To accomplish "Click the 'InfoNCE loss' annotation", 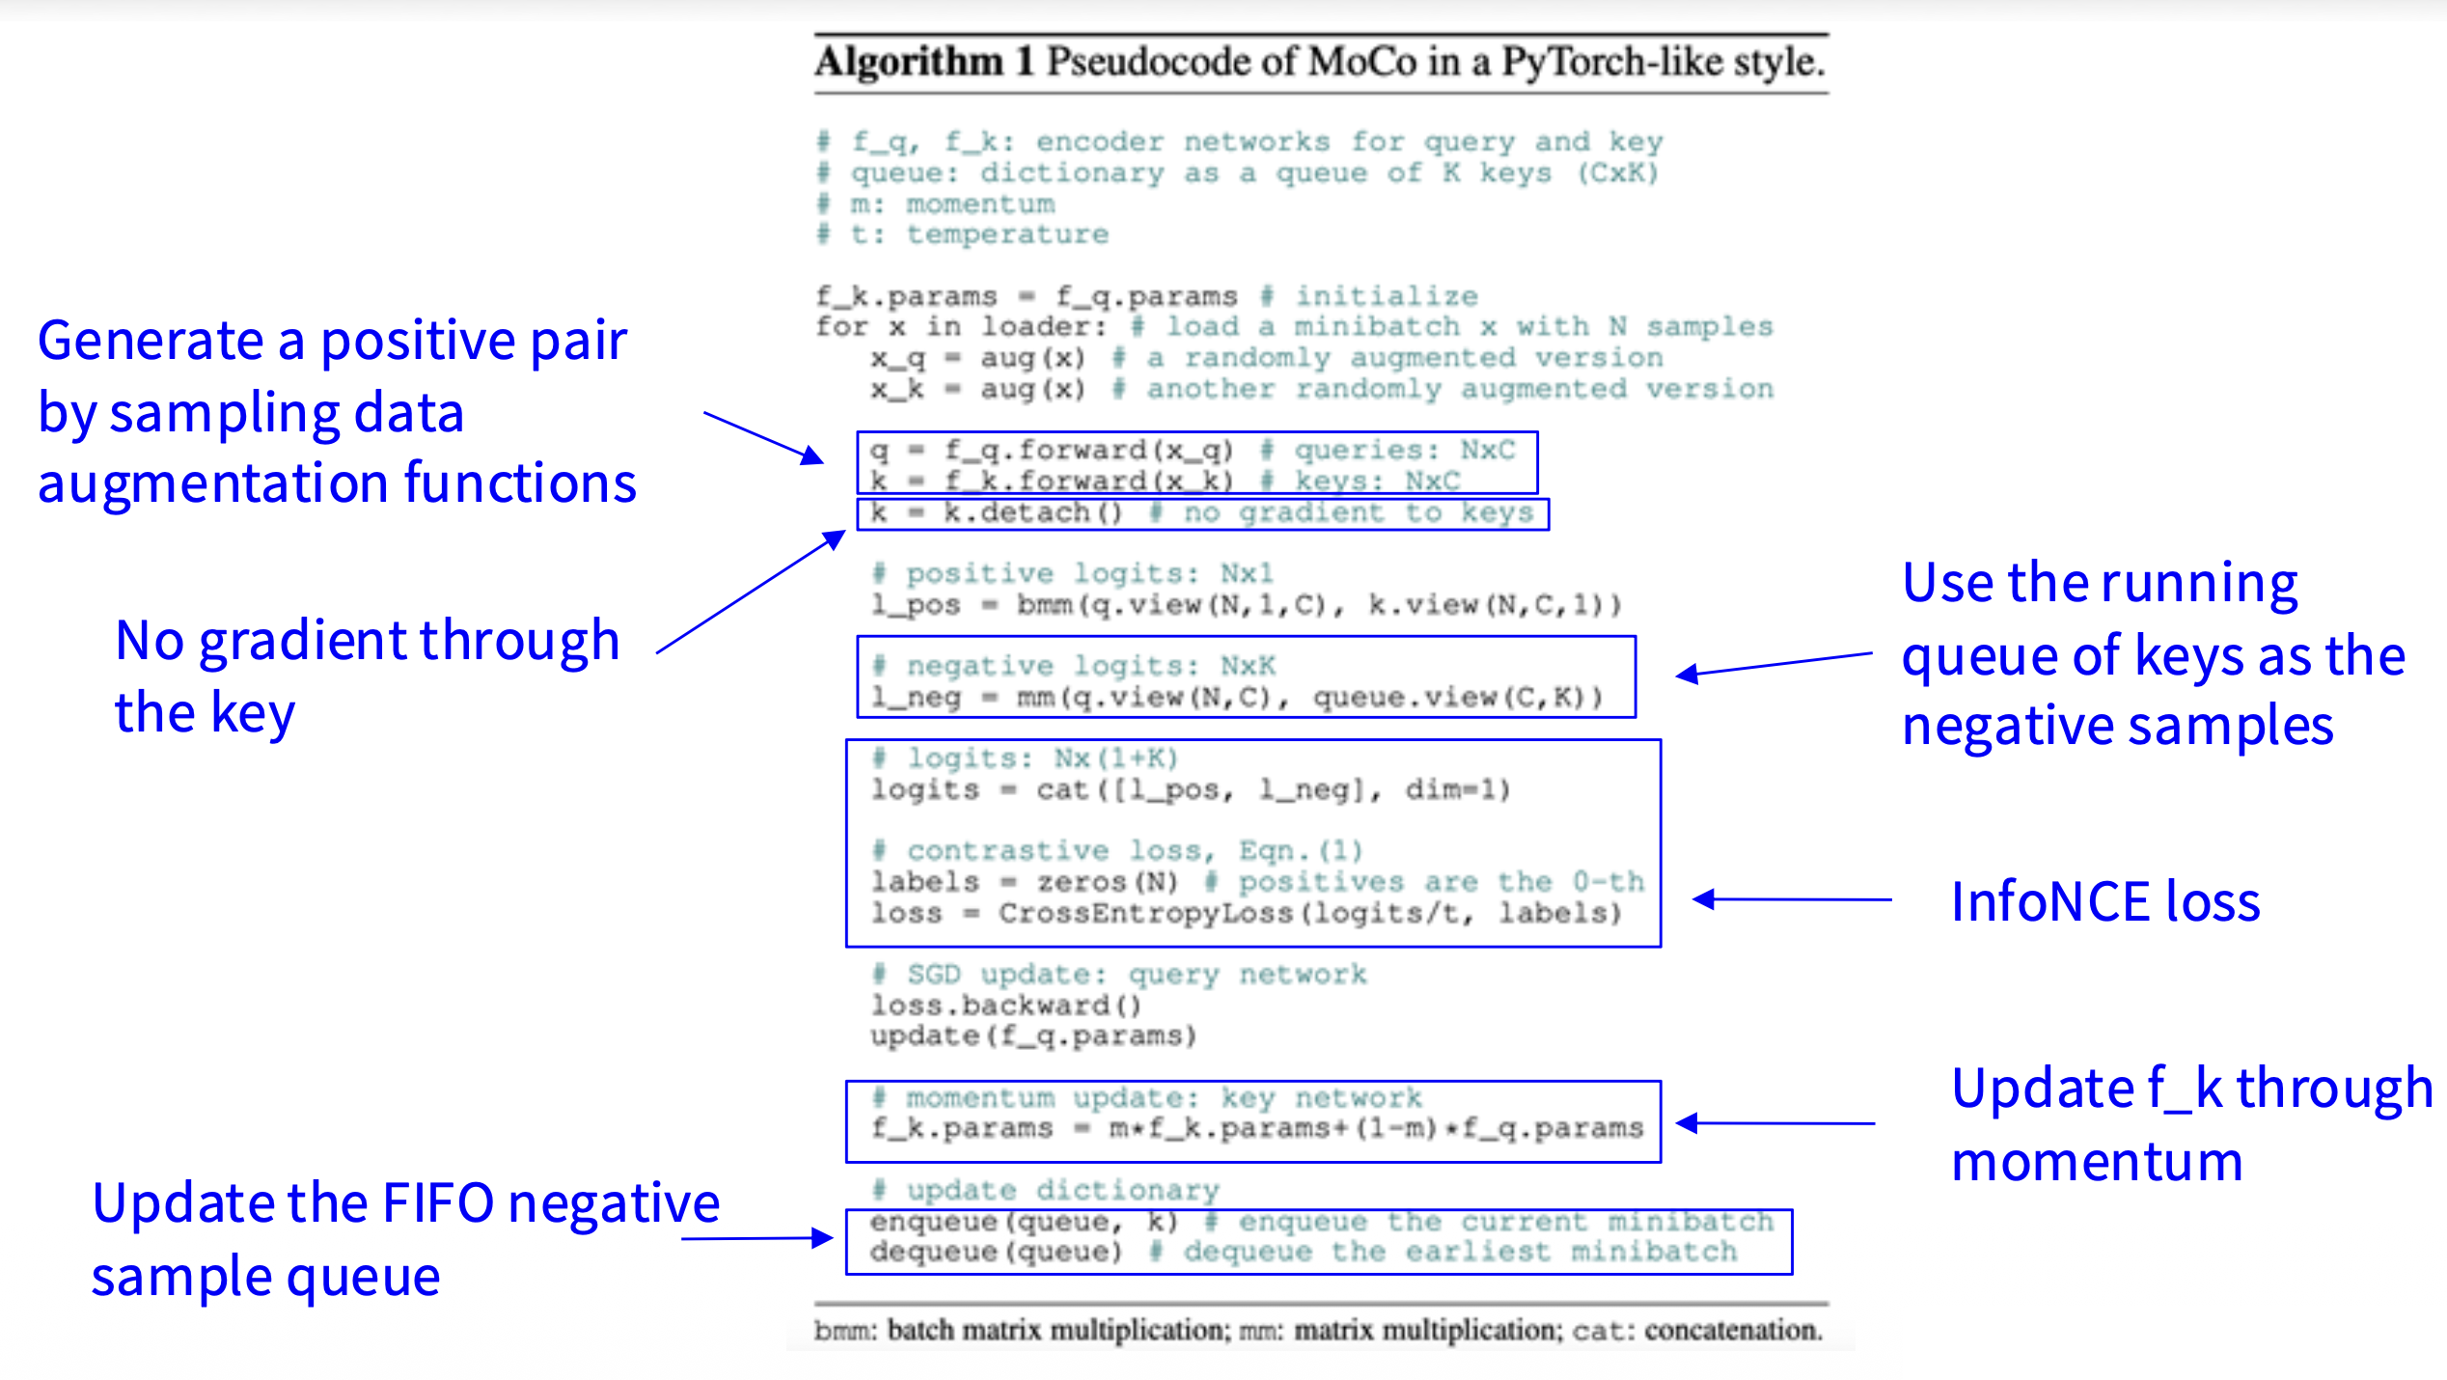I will click(2104, 901).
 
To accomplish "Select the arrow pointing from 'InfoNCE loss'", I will click(1792, 899).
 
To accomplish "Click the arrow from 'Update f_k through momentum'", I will click(1775, 1123).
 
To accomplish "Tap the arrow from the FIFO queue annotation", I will click(756, 1238).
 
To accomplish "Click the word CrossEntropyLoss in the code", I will click(1145, 913).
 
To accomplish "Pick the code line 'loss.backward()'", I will click(1005, 1006).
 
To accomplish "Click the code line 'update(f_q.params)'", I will click(1033, 1036).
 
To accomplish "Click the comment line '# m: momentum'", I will click(936, 205).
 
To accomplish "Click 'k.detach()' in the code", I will click(1032, 512).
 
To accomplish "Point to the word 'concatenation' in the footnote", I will click(1733, 1330).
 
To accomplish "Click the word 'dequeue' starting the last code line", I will click(923, 1253).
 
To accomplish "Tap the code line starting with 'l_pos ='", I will click(1246, 605).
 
